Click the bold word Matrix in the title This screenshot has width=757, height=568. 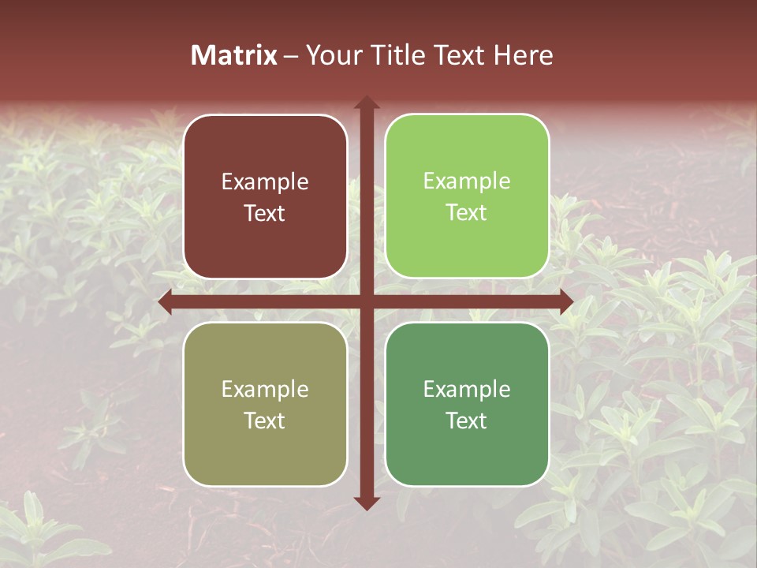click(234, 55)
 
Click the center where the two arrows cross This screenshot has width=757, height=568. click(366, 301)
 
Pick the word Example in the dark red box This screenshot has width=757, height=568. click(265, 182)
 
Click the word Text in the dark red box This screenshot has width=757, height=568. click(265, 213)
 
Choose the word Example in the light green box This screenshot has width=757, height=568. click(467, 181)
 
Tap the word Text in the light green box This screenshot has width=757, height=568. click(467, 212)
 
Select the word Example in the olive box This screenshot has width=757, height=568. click(265, 389)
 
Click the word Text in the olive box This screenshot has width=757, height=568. click(265, 420)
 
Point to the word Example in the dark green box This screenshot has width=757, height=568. click(467, 389)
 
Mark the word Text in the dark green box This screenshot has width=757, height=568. click(467, 420)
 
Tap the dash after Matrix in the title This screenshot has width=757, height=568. click(291, 56)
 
